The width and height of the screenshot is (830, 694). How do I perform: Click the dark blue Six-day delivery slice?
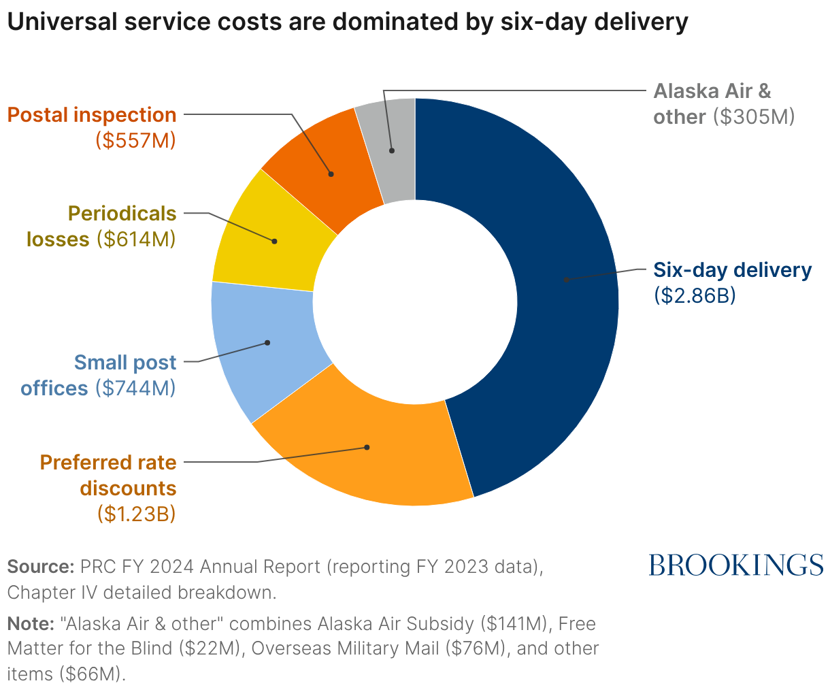click(565, 279)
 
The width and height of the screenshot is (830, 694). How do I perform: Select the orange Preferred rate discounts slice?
click(367, 449)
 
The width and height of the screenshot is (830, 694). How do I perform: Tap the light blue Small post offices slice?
click(265, 344)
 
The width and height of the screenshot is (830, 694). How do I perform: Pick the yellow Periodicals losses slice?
click(272, 242)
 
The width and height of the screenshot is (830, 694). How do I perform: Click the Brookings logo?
click(735, 565)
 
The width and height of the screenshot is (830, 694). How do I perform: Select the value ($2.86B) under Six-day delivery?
click(695, 297)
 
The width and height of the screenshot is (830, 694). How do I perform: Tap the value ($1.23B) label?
click(136, 514)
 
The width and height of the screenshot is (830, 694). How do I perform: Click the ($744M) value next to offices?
click(135, 388)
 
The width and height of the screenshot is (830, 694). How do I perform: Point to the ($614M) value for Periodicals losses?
click(135, 239)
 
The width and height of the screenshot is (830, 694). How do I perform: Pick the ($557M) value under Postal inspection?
click(135, 141)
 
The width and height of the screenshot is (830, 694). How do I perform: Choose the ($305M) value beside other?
click(754, 117)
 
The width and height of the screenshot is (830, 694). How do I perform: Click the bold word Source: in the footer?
click(40, 567)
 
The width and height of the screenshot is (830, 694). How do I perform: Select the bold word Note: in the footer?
click(30, 623)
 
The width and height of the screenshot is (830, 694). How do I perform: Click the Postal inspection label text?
click(92, 115)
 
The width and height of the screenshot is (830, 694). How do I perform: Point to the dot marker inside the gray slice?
click(392, 150)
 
